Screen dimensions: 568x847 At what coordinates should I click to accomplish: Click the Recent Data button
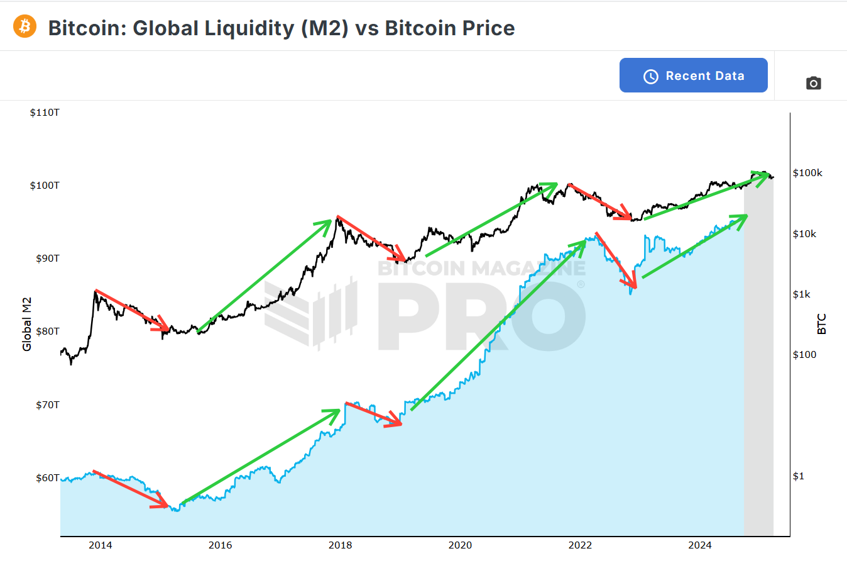(693, 75)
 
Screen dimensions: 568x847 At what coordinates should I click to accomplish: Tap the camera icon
(813, 83)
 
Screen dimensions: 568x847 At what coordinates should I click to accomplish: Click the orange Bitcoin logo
(25, 26)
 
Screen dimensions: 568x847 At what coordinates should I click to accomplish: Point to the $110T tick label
(45, 113)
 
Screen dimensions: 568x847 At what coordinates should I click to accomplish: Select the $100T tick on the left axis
(45, 186)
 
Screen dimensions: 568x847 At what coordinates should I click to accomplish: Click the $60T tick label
(48, 478)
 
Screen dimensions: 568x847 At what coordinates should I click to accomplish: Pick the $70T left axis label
(48, 405)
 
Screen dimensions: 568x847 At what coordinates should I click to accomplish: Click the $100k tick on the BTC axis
(807, 173)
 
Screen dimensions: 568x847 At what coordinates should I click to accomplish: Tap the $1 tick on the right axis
(798, 476)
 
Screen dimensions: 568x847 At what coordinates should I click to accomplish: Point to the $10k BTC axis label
(804, 234)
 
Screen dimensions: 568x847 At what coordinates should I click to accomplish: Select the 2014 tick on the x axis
(101, 545)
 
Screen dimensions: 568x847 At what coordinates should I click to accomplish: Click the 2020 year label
(460, 545)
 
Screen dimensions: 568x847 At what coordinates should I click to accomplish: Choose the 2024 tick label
(700, 545)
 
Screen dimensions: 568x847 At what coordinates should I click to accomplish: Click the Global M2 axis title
(26, 325)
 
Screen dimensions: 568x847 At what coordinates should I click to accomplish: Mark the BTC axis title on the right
(821, 324)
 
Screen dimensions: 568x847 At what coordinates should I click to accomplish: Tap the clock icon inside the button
(651, 76)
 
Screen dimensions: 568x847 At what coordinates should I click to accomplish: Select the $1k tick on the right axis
(802, 294)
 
